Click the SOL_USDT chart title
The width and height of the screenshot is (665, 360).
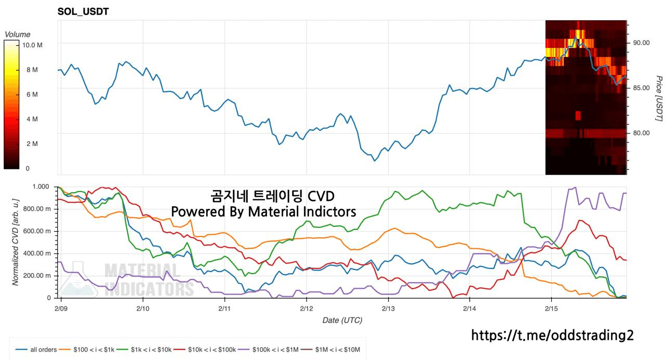point(83,11)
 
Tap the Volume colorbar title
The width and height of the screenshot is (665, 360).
point(17,34)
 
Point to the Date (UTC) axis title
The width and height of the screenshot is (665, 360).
point(342,321)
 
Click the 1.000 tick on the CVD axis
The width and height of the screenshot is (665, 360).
point(41,186)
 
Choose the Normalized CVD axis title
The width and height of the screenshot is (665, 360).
point(16,242)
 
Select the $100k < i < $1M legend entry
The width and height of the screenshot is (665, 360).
point(275,350)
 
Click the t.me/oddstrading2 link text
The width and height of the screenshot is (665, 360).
point(552,335)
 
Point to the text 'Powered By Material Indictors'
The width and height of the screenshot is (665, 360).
point(263,212)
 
